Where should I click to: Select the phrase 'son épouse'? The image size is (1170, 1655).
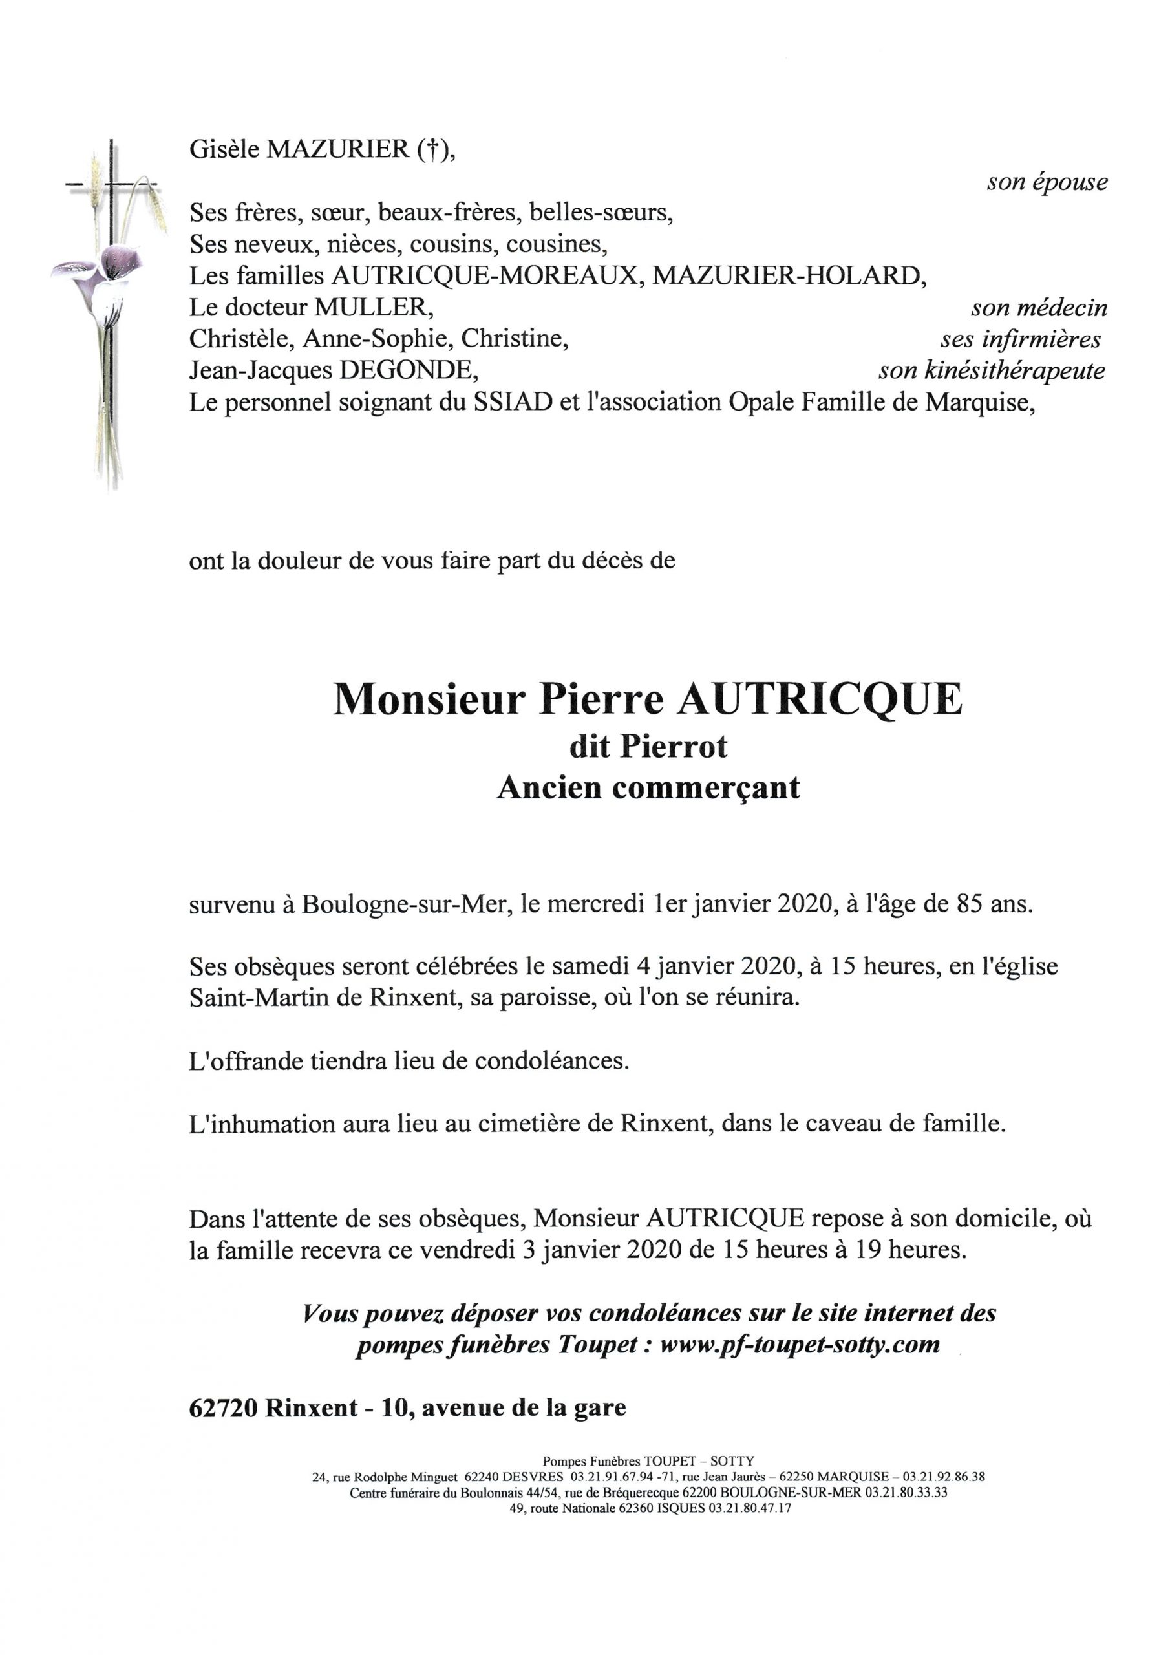coord(1047,182)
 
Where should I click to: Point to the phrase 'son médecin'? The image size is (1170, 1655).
coord(1039,308)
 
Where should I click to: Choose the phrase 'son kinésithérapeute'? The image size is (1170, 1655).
coord(991,371)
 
